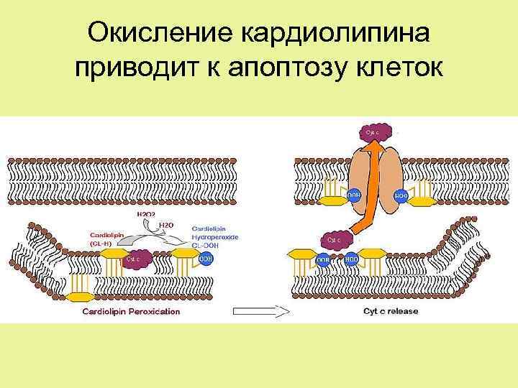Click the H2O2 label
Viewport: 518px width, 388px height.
point(147,214)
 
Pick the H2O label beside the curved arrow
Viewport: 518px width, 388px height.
point(166,225)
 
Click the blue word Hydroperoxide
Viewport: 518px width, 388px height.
point(215,237)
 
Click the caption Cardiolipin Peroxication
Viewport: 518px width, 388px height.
point(132,311)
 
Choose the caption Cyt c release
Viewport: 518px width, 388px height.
point(390,311)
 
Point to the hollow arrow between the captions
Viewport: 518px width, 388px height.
point(260,312)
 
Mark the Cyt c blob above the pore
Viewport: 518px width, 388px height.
point(376,131)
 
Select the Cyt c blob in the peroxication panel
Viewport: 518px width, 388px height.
point(137,259)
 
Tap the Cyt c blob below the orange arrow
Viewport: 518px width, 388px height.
point(337,239)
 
